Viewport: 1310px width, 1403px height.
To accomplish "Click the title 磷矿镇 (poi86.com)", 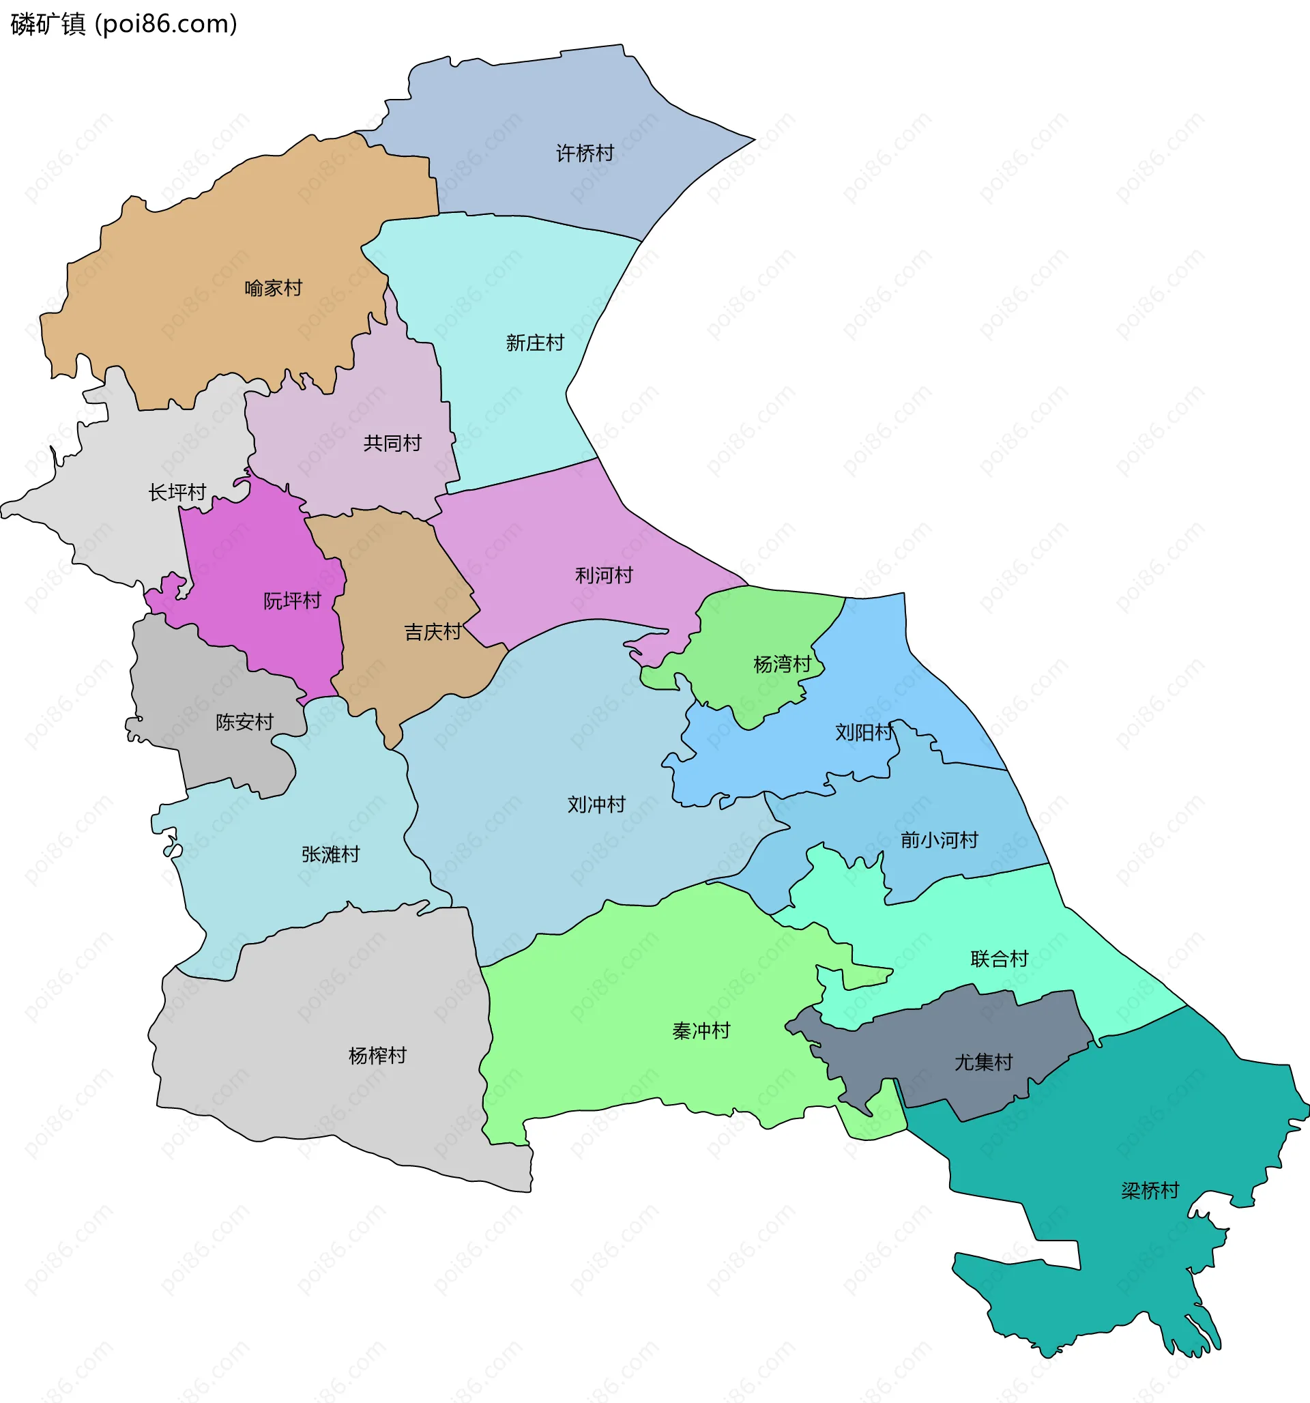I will [124, 24].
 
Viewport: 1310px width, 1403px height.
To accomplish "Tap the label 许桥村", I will [585, 153].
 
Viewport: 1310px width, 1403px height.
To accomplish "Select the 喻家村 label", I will [273, 288].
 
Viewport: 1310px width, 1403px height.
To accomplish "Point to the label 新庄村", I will [535, 343].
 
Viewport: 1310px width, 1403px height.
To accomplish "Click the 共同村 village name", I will [392, 443].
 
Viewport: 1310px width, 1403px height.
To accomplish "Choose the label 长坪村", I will [177, 492].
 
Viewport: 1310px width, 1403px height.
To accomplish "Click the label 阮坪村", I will [292, 601].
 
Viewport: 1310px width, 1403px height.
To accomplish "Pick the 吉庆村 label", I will [433, 632].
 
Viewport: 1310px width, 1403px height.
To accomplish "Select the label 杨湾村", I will [782, 664].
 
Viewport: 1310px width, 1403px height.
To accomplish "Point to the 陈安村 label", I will [244, 722].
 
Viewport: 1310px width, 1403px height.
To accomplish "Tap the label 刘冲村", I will [596, 805].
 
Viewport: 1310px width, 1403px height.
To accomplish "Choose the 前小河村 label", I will [939, 840].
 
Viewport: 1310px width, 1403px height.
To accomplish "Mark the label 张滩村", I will [330, 854].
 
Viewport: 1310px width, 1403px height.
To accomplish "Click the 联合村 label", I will [999, 959].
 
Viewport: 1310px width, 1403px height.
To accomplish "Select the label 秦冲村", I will [701, 1031].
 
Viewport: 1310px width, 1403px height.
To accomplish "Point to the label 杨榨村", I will [377, 1055].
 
